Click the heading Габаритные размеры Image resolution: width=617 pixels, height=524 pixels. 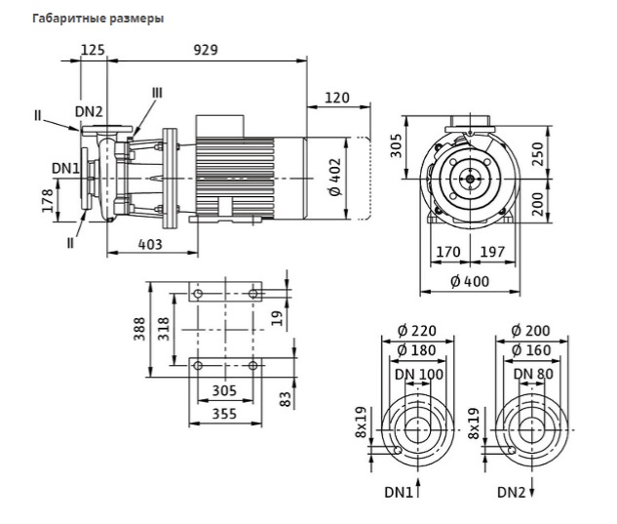pyautogui.click(x=98, y=19)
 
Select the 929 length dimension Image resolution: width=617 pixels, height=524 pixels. pyautogui.click(x=206, y=50)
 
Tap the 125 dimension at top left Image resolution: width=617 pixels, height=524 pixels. pyautogui.click(x=93, y=50)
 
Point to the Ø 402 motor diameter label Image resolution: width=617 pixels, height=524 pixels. pyautogui.click(x=335, y=177)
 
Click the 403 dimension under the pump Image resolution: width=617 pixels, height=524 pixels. pyautogui.click(x=150, y=244)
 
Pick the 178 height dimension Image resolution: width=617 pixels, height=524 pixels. pyautogui.click(x=48, y=201)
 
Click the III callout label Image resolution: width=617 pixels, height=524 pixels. pyautogui.click(x=157, y=93)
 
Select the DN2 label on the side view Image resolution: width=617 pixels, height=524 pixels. pyautogui.click(x=89, y=111)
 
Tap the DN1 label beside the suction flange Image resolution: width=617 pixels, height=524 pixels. pyautogui.click(x=65, y=168)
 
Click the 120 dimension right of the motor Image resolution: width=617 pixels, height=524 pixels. pyautogui.click(x=337, y=98)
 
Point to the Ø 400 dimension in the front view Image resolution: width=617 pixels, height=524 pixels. pyautogui.click(x=470, y=281)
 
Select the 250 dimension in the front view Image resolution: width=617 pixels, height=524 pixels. pyautogui.click(x=537, y=154)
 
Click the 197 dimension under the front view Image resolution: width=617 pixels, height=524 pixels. pyautogui.click(x=492, y=252)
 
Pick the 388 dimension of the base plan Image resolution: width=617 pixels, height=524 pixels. pyautogui.click(x=139, y=329)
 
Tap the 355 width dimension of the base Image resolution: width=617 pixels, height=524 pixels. pyautogui.click(x=224, y=414)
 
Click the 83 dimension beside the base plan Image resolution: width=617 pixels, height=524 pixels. pyautogui.click(x=286, y=399)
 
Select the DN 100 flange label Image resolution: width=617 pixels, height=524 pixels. pyautogui.click(x=419, y=374)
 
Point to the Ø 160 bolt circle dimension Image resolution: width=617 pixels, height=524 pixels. pyautogui.click(x=531, y=350)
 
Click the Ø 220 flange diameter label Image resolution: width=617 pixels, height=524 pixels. pyautogui.click(x=417, y=331)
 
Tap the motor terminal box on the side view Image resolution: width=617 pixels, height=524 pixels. pyautogui.click(x=220, y=126)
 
